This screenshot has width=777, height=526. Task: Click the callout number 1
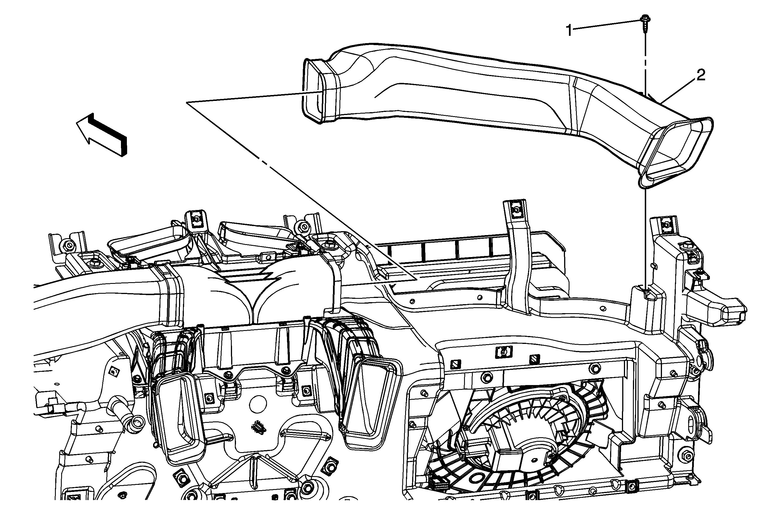coord(569,31)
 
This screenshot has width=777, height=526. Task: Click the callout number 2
coord(701,75)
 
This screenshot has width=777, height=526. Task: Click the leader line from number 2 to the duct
coord(679,89)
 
